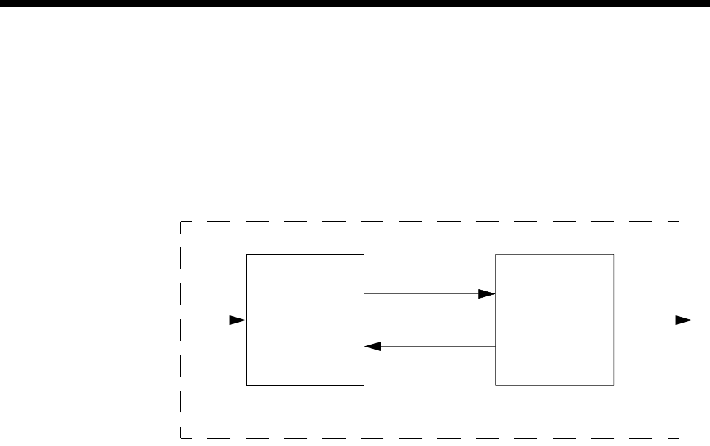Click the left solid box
305,320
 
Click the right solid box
554,320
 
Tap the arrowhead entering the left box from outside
238,320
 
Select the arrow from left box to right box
423,293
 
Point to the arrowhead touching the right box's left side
487,293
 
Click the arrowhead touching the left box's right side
372,346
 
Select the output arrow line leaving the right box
645,320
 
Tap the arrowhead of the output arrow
684,320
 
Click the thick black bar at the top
355,4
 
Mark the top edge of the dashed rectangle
430,220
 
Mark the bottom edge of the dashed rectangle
430,438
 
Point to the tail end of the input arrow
169,320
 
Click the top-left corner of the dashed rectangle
180,220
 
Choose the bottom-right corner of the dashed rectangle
679,438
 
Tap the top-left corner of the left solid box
246,254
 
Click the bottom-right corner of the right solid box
614,385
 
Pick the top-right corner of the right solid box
614,254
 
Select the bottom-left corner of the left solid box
246,385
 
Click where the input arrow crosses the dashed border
180,320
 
